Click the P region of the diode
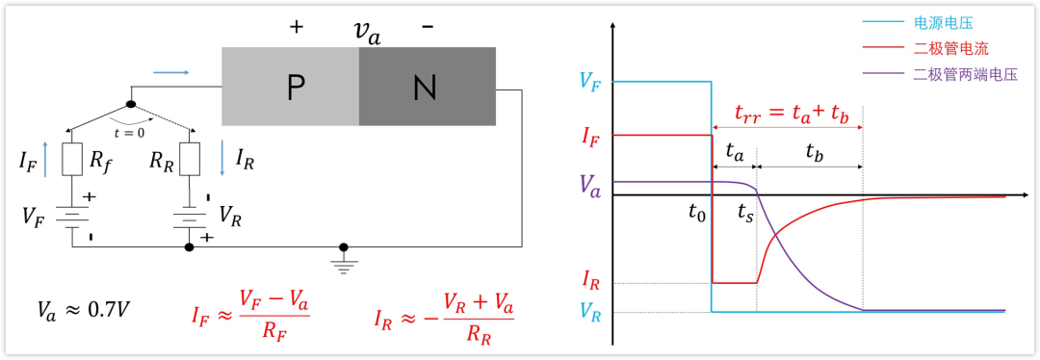pyautogui.click(x=290, y=87)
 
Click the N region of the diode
pyautogui.click(x=428, y=87)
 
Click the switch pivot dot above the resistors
pyautogui.click(x=131, y=105)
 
